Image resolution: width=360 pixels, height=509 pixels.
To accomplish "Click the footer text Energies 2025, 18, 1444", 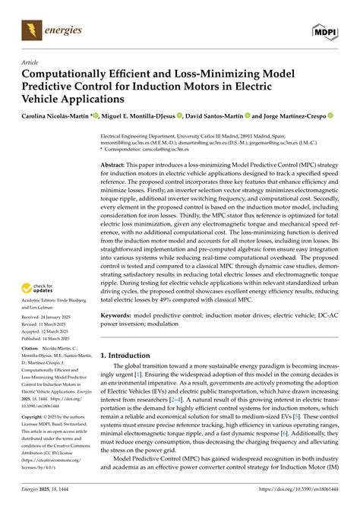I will (46, 498).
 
